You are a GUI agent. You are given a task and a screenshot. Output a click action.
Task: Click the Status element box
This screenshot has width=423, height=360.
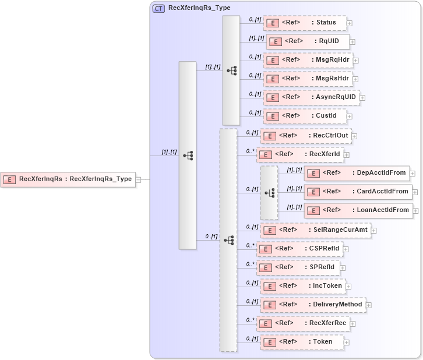tap(304, 23)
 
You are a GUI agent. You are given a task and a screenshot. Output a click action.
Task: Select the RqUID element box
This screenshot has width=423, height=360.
tap(308, 42)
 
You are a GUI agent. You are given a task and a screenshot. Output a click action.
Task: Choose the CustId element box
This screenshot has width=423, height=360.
tap(304, 116)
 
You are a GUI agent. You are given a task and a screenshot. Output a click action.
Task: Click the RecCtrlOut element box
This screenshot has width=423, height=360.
tap(305, 136)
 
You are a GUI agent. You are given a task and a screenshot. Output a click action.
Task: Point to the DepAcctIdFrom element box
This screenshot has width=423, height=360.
tap(357, 173)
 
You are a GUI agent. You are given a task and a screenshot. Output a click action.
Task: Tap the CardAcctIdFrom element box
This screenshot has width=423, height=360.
tap(358, 192)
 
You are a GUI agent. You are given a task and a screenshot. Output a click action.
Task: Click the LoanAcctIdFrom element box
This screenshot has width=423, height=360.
tap(358, 210)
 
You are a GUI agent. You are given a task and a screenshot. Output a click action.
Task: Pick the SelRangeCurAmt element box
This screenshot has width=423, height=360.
tap(315, 230)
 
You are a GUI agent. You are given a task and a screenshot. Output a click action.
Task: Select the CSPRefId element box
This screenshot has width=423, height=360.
tap(299, 249)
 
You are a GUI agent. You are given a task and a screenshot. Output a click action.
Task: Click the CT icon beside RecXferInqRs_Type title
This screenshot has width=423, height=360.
tap(158, 8)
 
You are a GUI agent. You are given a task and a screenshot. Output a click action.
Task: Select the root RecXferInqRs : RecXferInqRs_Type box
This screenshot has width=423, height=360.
tap(68, 179)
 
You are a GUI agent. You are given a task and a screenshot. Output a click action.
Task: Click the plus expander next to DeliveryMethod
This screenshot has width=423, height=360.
tap(368, 305)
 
